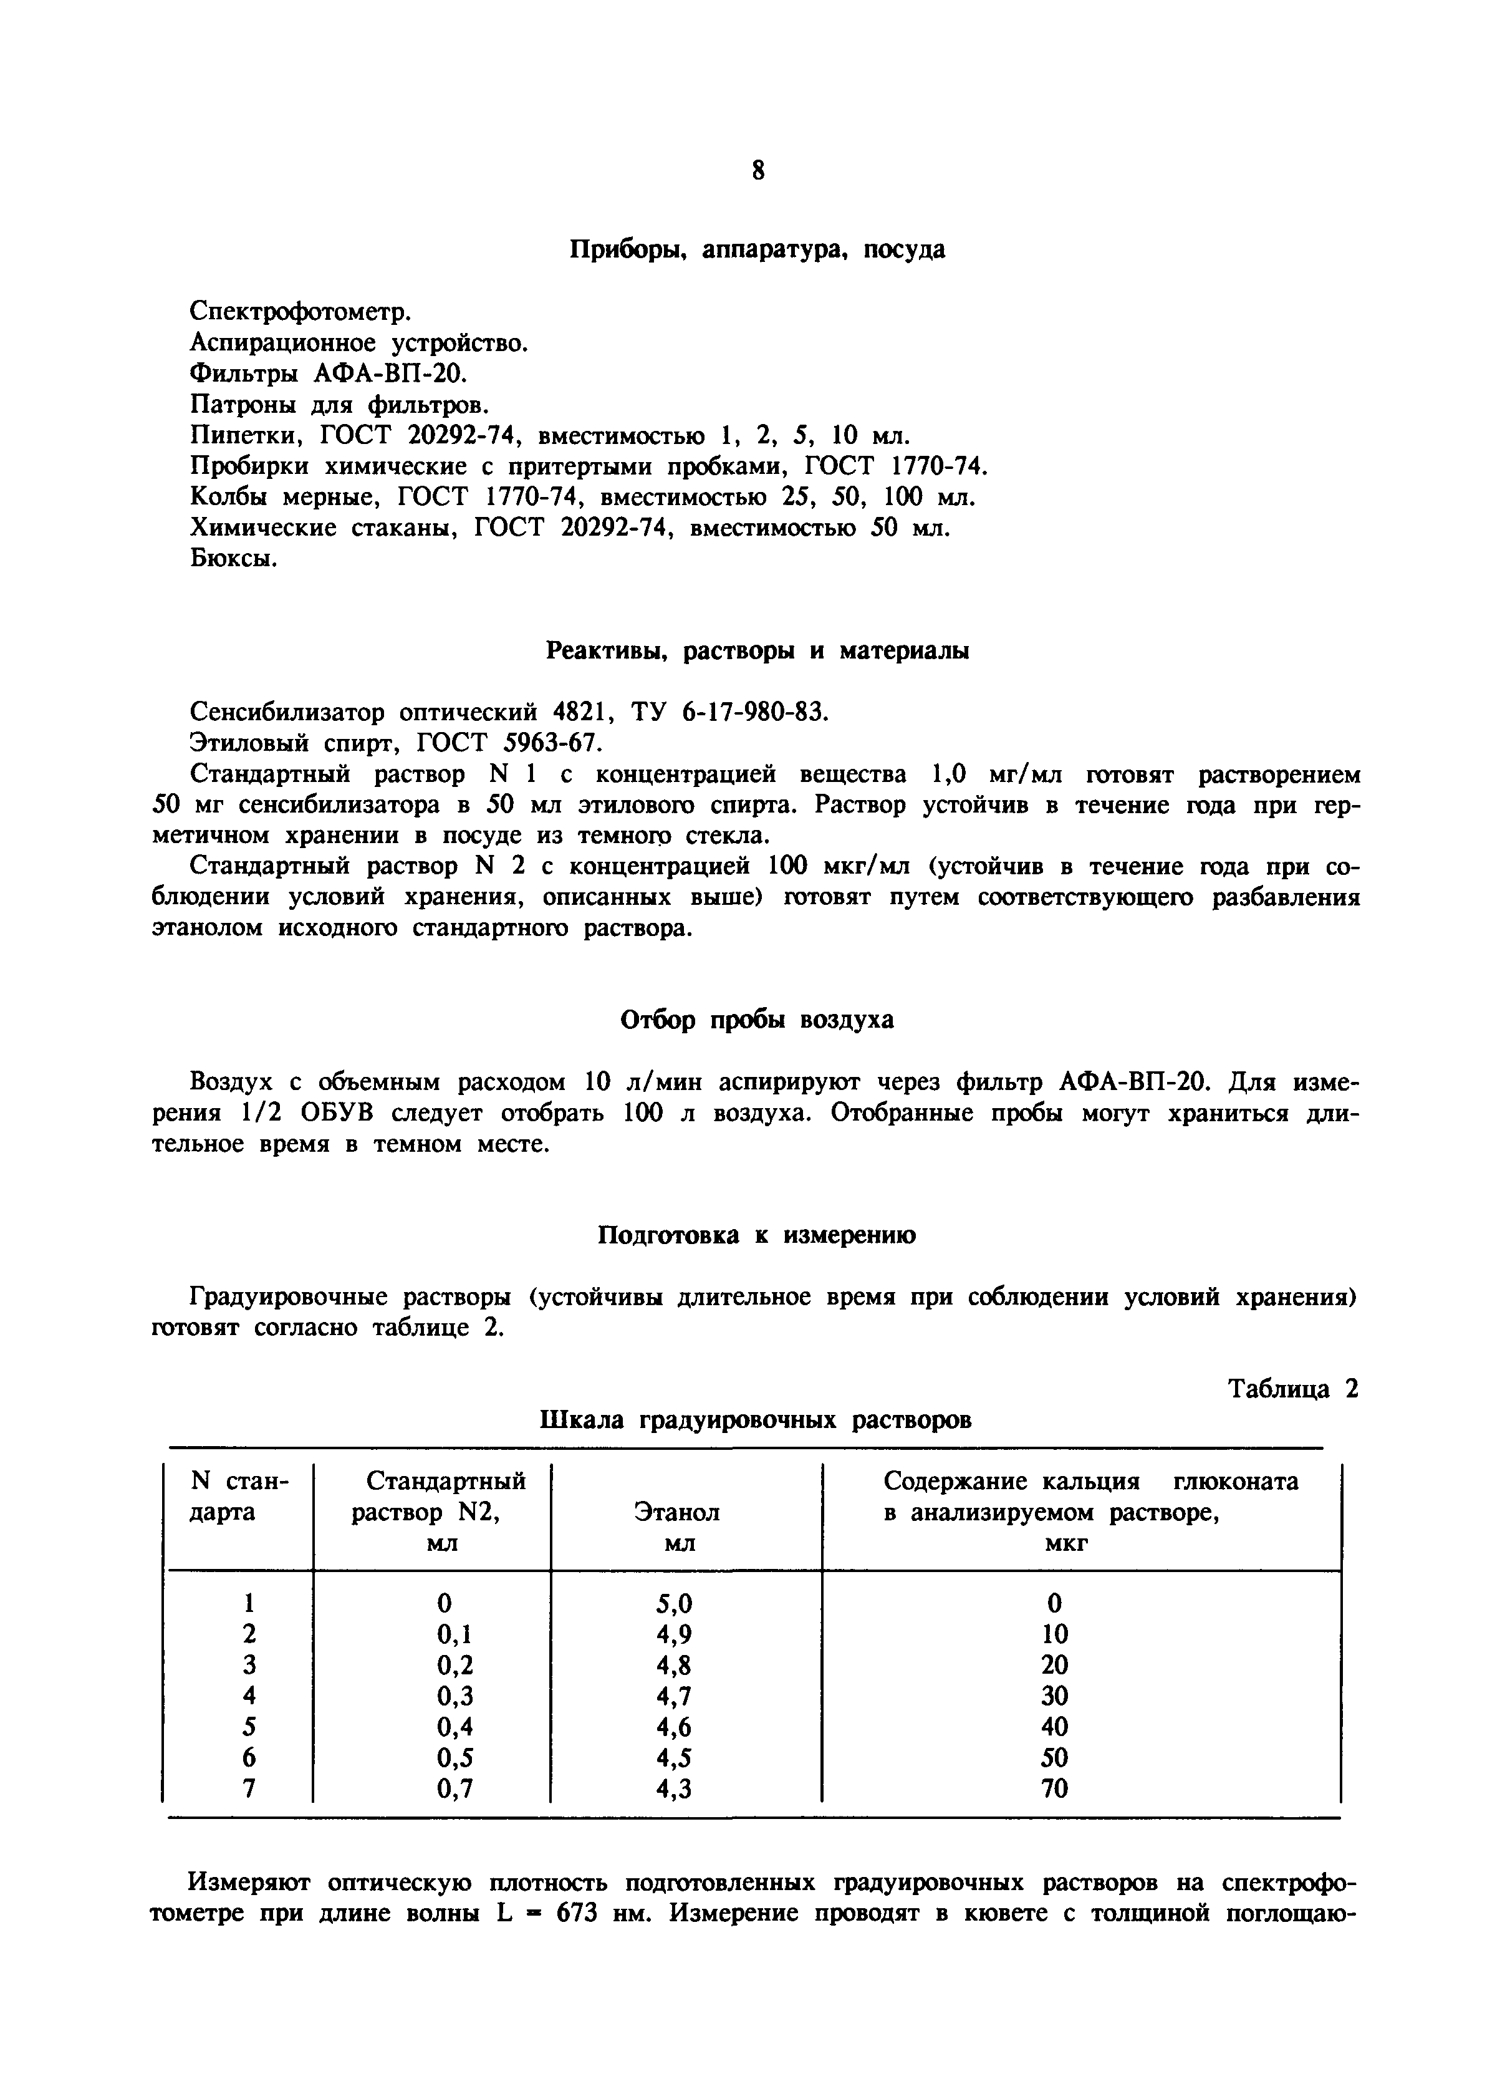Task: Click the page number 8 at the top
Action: [757, 171]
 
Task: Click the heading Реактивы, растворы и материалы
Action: [757, 652]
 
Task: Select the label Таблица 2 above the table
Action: [1292, 1389]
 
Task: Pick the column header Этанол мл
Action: [676, 1527]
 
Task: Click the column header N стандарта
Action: [239, 1497]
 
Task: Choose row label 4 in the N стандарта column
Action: [248, 1696]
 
